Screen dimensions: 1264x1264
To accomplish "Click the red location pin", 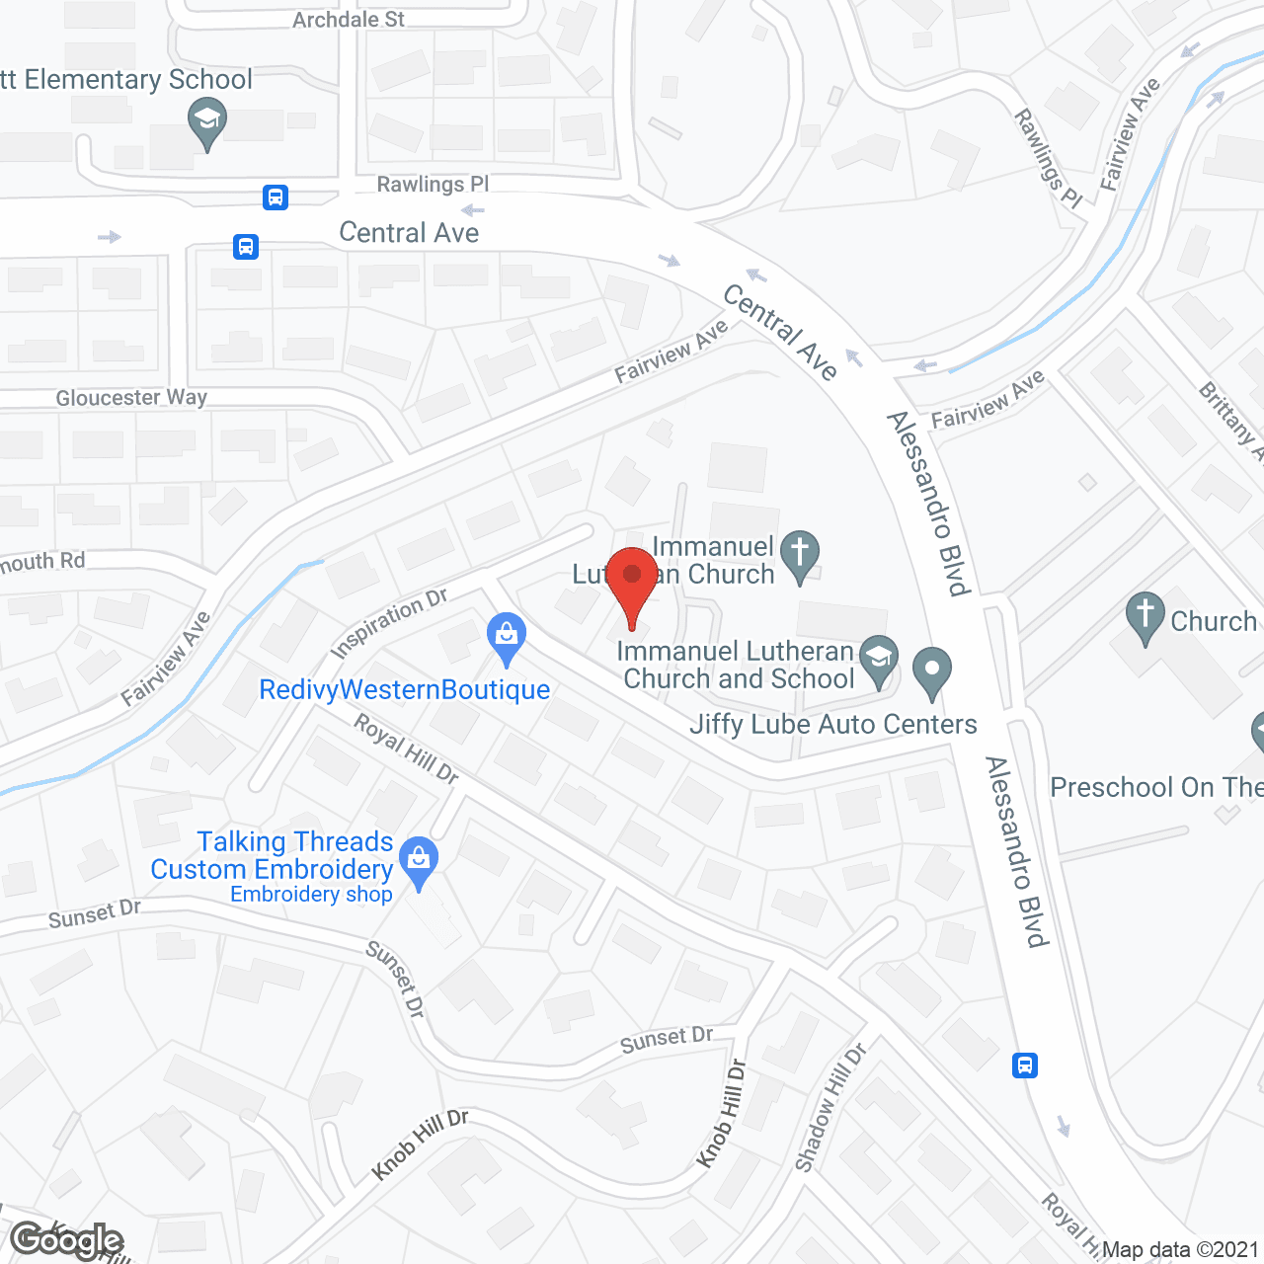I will point(632,584).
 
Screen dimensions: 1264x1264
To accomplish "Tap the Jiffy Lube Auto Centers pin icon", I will point(931,671).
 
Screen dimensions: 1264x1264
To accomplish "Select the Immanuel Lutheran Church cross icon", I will point(800,555).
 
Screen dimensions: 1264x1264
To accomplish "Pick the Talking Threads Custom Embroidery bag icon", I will point(420,861).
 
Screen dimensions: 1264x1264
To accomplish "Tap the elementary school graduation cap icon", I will point(207,125).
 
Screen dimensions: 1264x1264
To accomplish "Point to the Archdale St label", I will point(349,19).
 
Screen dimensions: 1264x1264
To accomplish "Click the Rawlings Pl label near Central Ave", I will point(433,184).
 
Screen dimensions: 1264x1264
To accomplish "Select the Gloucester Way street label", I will point(131,398).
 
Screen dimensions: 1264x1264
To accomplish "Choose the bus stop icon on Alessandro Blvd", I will point(1025,1066).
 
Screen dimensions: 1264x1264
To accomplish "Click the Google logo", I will point(67,1240).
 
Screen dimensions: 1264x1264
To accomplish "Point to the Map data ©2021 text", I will point(1180,1249).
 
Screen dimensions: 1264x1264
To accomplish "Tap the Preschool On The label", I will point(1155,787).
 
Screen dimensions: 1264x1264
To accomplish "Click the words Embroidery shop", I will point(311,895).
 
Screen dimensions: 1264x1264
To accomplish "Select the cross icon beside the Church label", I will point(1145,616).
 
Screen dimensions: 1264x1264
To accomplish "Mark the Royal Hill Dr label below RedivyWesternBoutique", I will point(406,750).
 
